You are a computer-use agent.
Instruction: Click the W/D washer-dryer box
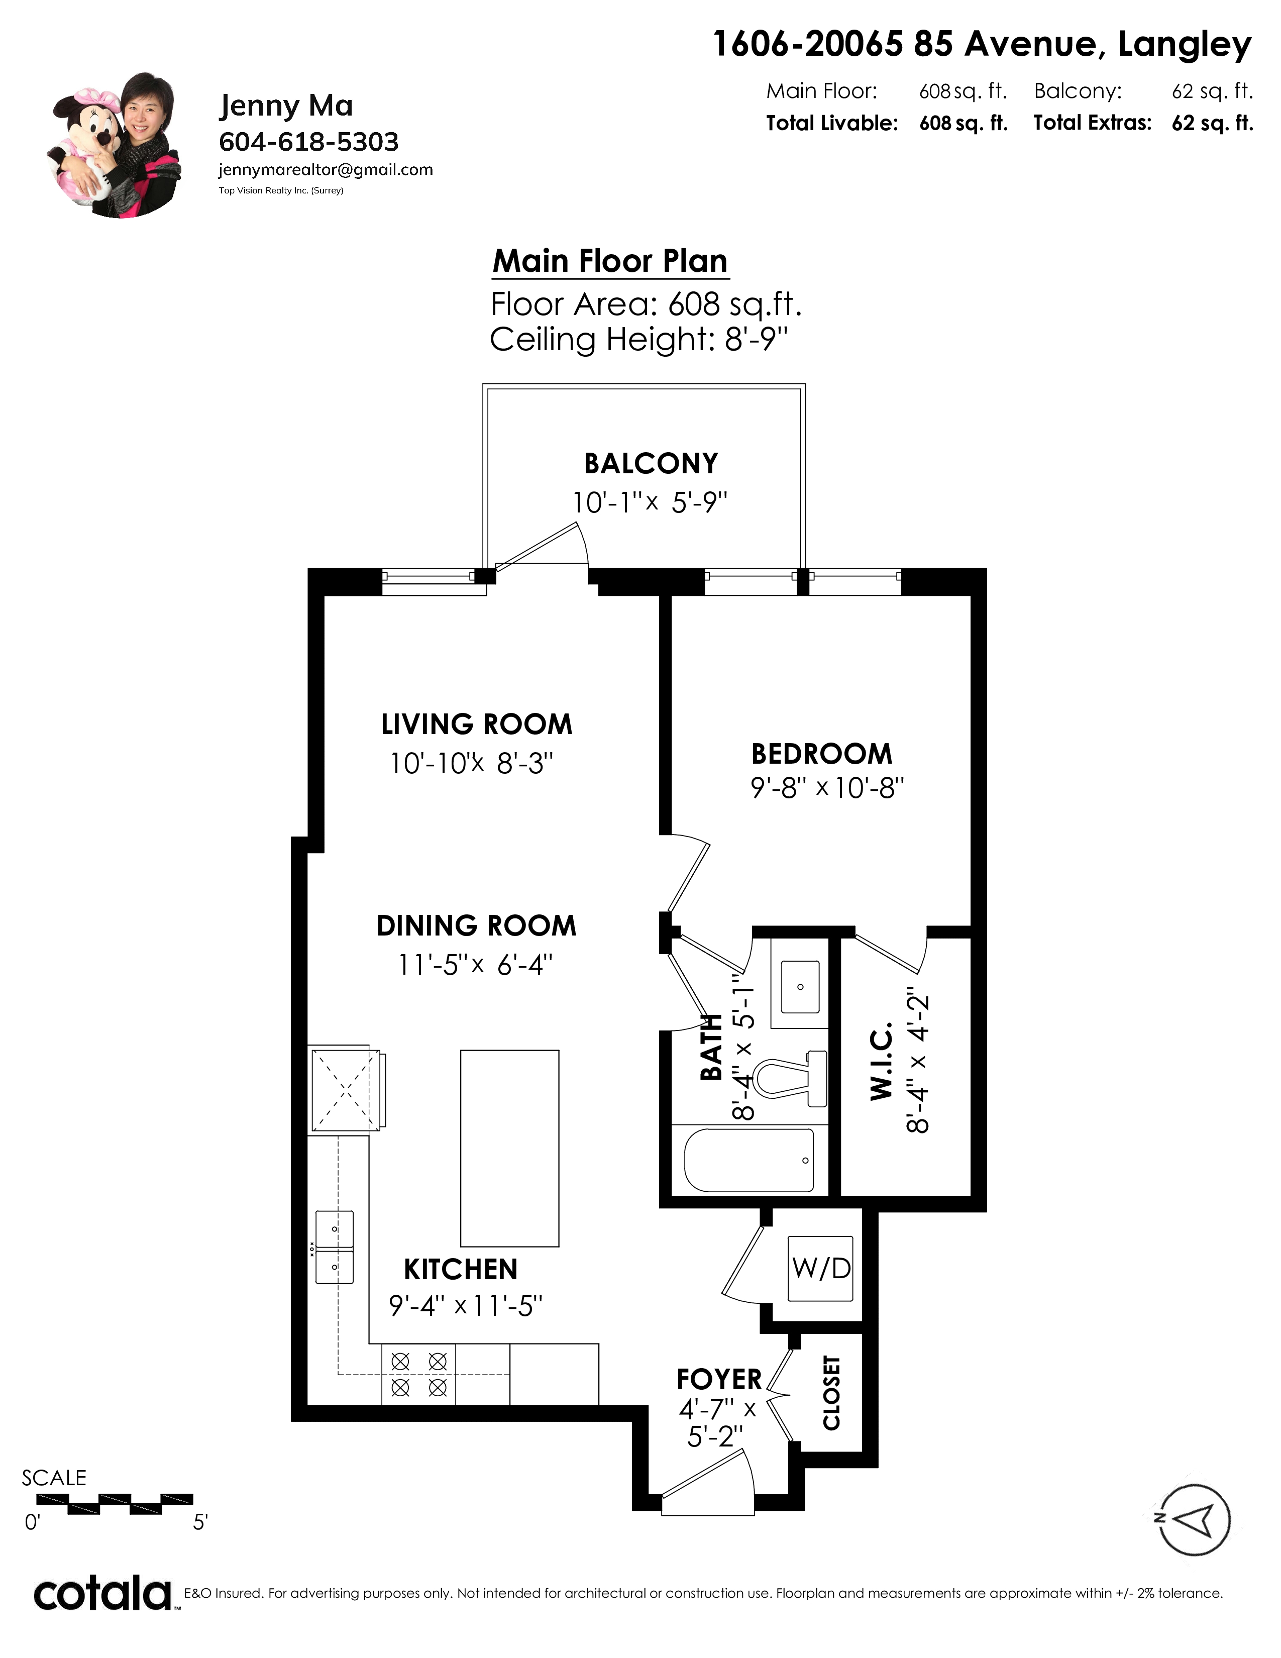click(821, 1268)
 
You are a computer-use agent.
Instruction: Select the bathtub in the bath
click(749, 1160)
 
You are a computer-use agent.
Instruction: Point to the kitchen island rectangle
click(510, 1148)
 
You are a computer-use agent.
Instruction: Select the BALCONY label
click(651, 463)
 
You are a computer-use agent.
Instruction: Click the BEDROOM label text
click(822, 754)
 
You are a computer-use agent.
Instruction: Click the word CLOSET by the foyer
click(832, 1393)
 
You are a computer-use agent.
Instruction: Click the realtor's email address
click(326, 170)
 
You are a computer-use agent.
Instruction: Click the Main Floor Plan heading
click(610, 261)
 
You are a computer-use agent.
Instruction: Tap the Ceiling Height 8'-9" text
click(639, 339)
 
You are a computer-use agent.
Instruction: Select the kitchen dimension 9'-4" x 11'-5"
click(466, 1306)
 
